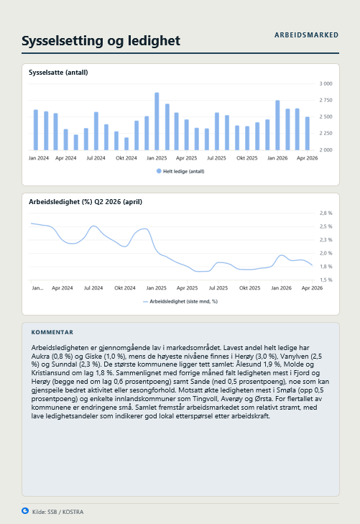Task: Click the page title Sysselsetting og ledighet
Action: [101, 41]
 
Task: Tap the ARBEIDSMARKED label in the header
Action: [306, 35]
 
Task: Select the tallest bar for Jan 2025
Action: [157, 121]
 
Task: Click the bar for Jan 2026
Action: [277, 125]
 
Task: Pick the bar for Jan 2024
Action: [36, 129]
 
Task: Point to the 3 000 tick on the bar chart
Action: [326, 83]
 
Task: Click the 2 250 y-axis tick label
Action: [326, 134]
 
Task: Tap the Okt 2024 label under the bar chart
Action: [126, 158]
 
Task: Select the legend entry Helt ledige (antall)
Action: [180, 172]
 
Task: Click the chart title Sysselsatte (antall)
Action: [58, 73]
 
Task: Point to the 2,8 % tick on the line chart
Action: [326, 213]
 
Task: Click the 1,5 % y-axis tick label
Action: [326, 280]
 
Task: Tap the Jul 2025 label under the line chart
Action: [218, 288]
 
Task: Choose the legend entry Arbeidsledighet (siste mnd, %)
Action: [180, 301]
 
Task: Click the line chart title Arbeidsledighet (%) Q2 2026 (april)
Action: [86, 202]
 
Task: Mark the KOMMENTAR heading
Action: [52, 332]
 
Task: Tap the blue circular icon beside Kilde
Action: [25, 511]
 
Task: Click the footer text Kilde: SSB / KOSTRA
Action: [57, 512]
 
